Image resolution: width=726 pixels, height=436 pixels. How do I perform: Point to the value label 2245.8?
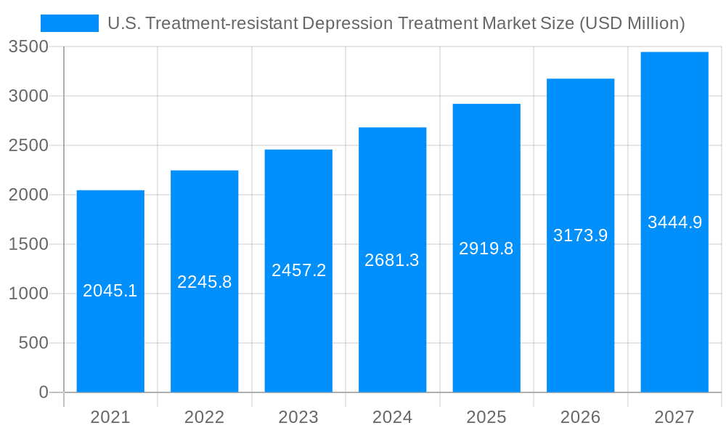tap(205, 282)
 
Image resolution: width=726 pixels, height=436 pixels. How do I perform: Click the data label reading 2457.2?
tap(298, 270)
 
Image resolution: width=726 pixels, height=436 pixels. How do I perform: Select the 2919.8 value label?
tap(486, 249)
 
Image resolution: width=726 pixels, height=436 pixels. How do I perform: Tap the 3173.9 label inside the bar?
tap(580, 235)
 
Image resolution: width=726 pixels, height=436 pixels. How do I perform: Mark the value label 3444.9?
tap(674, 222)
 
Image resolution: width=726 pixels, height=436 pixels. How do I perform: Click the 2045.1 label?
tap(110, 291)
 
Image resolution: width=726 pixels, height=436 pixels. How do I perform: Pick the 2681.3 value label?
tap(392, 260)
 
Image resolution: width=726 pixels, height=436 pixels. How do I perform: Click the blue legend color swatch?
tap(69, 23)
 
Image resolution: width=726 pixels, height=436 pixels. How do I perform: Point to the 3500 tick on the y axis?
tap(28, 47)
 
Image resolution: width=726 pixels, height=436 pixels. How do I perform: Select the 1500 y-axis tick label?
tap(28, 244)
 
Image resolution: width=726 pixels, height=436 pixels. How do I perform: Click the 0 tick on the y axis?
tap(43, 392)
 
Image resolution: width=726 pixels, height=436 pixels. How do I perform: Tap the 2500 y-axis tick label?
tap(28, 145)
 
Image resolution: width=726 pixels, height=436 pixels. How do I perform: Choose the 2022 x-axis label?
tap(205, 417)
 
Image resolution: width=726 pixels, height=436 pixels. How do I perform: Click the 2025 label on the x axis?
tap(486, 417)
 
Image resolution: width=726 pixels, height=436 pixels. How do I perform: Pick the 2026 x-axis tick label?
tap(580, 417)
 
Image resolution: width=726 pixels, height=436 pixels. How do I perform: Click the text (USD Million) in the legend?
tap(631, 23)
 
